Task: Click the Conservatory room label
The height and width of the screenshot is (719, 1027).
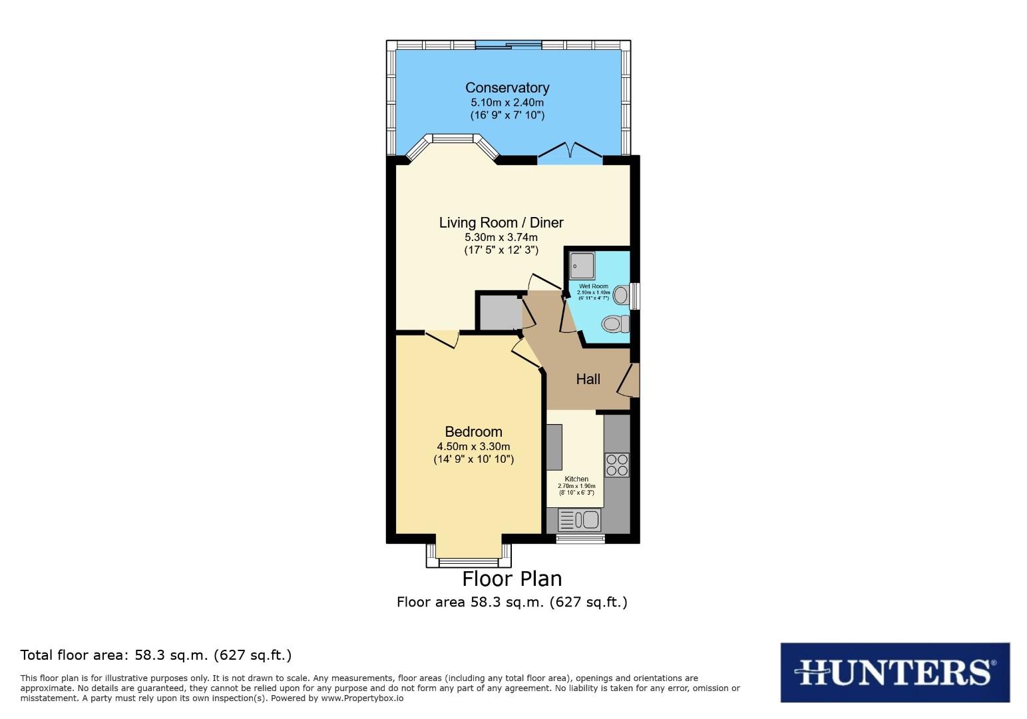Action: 507,88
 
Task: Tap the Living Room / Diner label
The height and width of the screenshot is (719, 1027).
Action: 501,223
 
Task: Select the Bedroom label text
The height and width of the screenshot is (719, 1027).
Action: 473,432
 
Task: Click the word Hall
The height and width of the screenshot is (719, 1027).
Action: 588,379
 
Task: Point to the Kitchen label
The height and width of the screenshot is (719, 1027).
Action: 576,479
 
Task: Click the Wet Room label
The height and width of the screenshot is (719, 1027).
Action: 593,286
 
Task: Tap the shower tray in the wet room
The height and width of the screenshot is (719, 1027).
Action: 582,266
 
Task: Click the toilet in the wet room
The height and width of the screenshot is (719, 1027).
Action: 616,325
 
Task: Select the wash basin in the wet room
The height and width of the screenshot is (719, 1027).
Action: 620,294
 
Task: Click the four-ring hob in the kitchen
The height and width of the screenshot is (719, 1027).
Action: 616,464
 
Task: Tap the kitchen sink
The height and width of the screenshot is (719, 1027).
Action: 579,519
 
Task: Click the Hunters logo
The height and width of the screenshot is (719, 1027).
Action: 895,672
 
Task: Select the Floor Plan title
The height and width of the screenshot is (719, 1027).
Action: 512,579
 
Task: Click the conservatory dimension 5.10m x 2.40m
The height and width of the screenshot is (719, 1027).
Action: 507,103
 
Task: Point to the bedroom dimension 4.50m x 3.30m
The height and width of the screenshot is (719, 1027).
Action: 473,447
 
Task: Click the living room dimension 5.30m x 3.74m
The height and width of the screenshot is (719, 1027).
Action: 501,237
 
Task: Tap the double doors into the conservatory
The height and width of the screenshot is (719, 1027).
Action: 570,152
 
